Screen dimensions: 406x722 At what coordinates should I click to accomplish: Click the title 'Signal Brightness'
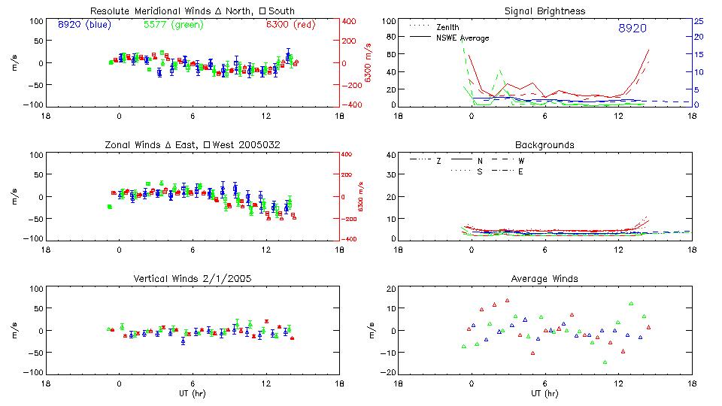546,11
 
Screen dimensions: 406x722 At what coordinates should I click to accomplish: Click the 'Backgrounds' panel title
545,144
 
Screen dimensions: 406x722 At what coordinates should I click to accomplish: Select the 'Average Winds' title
546,279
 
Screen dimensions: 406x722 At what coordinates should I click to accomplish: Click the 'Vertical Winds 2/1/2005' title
193,279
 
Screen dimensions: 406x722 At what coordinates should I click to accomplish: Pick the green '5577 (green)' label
172,24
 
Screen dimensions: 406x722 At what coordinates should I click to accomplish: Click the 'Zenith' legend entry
447,27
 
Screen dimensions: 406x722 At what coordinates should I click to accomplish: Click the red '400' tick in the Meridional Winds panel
349,21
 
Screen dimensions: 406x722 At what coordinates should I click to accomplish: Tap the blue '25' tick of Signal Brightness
698,21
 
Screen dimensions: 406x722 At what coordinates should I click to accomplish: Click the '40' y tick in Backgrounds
390,156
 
